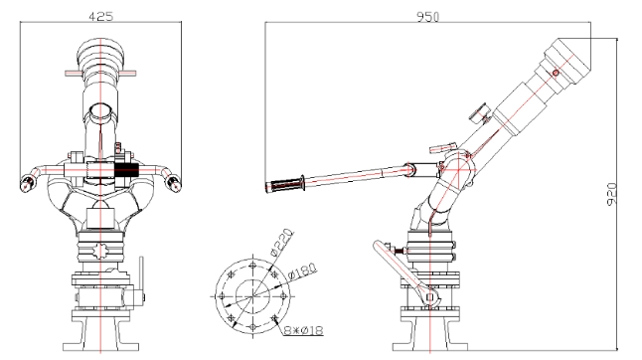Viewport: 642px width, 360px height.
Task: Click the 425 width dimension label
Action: (x=100, y=16)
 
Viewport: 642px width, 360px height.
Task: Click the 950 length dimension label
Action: (x=428, y=17)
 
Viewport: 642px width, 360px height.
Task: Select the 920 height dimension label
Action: (x=611, y=195)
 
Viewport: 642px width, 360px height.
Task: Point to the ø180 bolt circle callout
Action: (x=302, y=271)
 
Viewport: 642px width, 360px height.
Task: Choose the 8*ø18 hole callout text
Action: (x=304, y=330)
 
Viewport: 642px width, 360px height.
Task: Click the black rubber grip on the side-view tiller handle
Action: (x=284, y=185)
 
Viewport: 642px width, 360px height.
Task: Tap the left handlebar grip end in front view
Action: (x=27, y=183)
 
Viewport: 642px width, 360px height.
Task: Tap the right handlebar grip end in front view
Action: (x=174, y=183)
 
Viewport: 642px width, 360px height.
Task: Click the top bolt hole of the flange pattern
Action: (x=253, y=265)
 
